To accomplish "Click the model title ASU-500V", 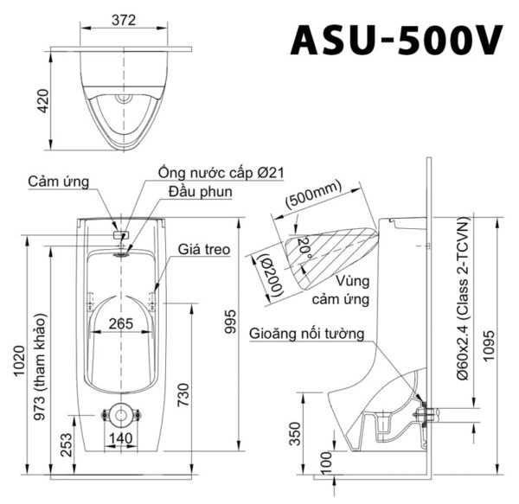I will click(397, 41).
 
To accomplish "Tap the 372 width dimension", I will click(126, 20).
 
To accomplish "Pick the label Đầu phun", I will click(201, 191).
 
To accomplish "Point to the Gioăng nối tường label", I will click(307, 333).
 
